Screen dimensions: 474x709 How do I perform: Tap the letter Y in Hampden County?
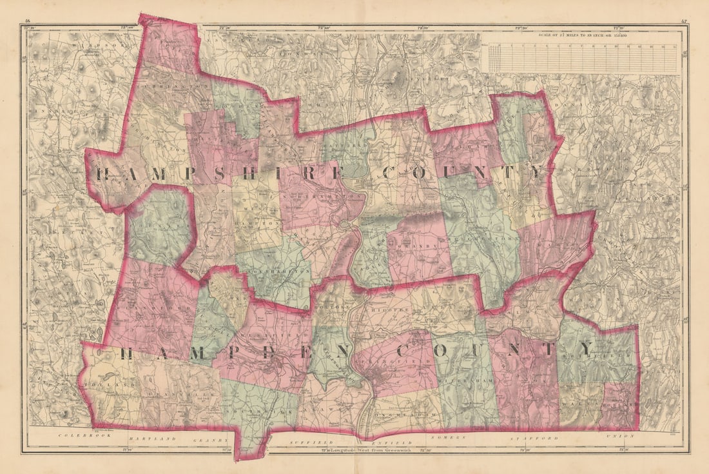(x=584, y=348)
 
